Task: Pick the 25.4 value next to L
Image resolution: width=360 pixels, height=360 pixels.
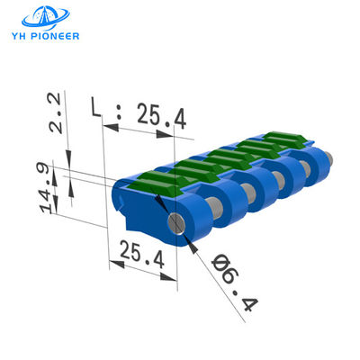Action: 161,114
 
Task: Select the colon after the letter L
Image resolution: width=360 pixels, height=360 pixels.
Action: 118,115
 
